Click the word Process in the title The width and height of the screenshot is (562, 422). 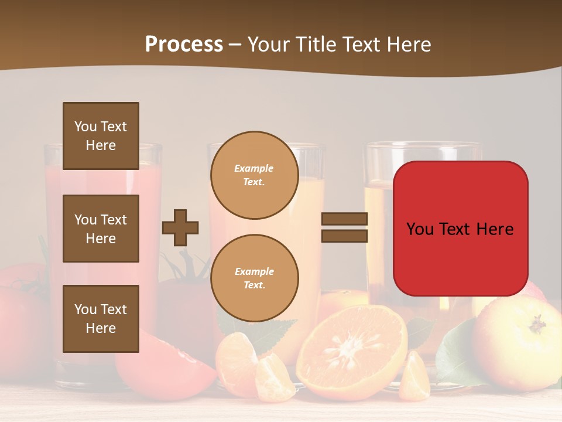184,45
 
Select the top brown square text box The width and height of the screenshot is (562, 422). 101,136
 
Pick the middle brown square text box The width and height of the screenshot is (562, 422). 101,229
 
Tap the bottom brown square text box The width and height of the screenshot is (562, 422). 101,319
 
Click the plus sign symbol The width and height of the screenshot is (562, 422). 180,227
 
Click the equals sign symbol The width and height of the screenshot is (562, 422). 344,227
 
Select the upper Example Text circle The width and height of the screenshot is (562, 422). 254,175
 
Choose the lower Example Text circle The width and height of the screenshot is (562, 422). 254,278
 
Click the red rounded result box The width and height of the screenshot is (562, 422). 460,229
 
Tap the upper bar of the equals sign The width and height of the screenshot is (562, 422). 344,219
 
